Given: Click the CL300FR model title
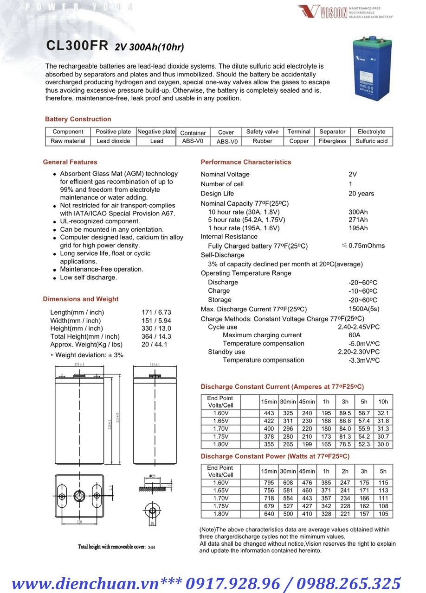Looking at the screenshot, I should [x=77, y=45].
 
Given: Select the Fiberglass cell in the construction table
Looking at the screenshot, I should [x=332, y=141].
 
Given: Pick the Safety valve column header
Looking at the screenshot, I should [x=262, y=132].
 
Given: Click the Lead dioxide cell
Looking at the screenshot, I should [x=113, y=141].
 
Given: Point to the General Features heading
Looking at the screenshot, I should [x=70, y=162].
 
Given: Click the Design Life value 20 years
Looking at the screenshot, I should [x=361, y=194].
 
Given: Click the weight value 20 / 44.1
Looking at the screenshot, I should [x=155, y=345].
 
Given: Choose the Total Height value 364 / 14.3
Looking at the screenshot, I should [x=156, y=337].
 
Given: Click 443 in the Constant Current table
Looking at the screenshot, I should [x=269, y=413].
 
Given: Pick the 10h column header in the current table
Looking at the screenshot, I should [x=383, y=402].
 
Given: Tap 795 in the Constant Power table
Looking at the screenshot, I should [x=269, y=483].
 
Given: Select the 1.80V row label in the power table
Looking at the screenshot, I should [x=221, y=514].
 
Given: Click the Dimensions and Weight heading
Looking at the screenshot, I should [x=81, y=299].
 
